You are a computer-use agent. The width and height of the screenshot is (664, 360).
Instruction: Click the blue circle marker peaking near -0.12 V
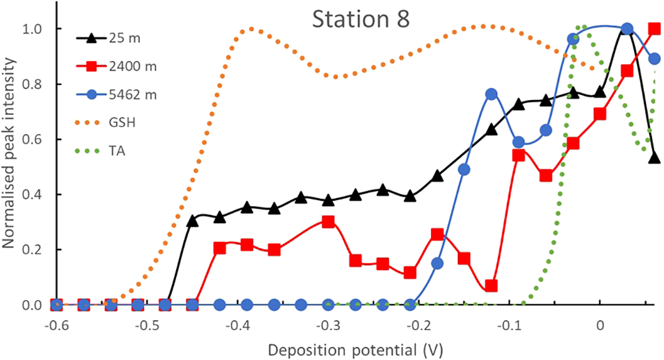pyautogui.click(x=491, y=94)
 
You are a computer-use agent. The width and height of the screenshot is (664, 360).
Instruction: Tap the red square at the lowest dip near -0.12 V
pyautogui.click(x=491, y=286)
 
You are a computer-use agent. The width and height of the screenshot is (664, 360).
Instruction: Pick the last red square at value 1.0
pyautogui.click(x=654, y=29)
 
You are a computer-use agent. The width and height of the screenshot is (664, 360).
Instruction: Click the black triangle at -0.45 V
pyautogui.click(x=192, y=221)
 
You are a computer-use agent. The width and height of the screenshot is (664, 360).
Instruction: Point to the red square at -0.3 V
pyautogui.click(x=328, y=222)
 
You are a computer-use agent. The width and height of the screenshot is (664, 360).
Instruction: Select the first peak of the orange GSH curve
pyautogui.click(x=250, y=29)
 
